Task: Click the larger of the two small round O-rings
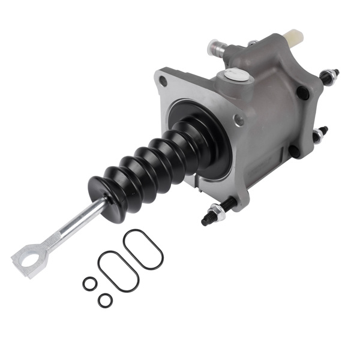coord(89,283)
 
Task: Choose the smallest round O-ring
coord(105,301)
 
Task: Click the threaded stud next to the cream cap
coord(330,75)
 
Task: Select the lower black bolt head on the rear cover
coord(293,151)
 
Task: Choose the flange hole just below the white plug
coord(239,120)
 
